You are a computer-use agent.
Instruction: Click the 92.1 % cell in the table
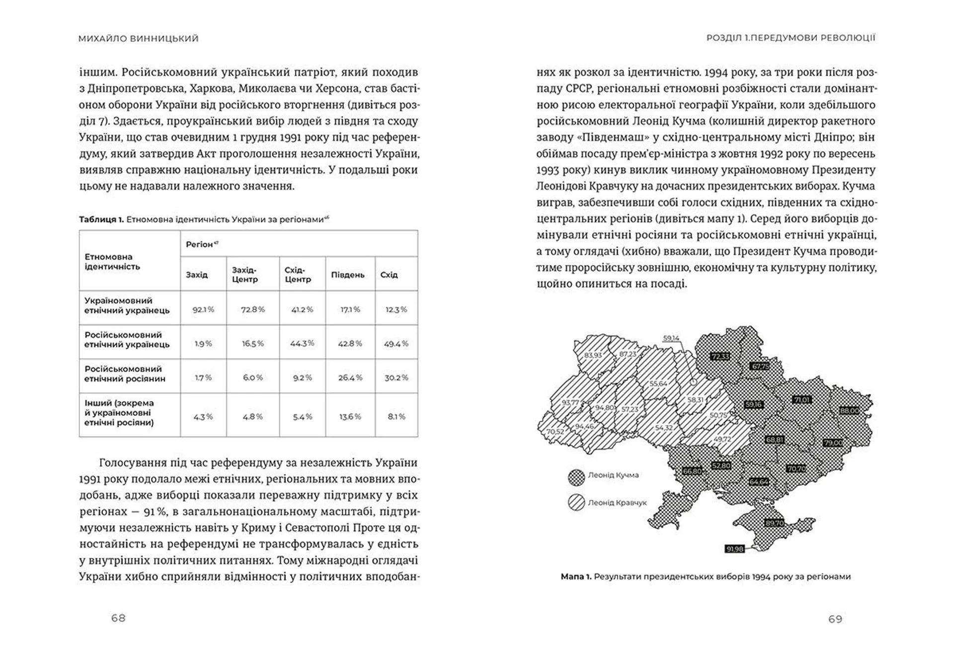(203, 309)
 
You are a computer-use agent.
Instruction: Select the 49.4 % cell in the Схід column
(396, 344)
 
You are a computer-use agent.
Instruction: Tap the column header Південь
(347, 275)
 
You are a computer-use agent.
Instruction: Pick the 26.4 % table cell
(350, 377)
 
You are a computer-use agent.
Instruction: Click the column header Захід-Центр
(245, 275)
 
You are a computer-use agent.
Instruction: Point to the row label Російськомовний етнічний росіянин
(125, 374)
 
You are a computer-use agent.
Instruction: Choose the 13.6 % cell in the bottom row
(350, 416)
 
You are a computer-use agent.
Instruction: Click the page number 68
(118, 618)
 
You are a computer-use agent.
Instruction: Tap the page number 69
(835, 619)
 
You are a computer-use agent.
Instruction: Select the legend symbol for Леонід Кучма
(576, 476)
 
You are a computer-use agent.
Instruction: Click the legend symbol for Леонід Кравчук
(576, 503)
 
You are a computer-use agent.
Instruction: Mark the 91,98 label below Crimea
(734, 549)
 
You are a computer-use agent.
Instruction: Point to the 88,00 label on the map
(849, 411)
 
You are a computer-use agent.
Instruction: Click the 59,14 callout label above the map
(671, 338)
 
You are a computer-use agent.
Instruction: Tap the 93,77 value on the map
(570, 402)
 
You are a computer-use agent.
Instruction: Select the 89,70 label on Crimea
(775, 523)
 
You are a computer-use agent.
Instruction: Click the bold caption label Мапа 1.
(576, 577)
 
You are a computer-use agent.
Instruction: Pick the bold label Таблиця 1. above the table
(101, 219)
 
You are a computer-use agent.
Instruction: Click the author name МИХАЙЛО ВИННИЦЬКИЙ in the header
(138, 38)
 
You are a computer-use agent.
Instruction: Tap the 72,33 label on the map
(719, 357)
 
